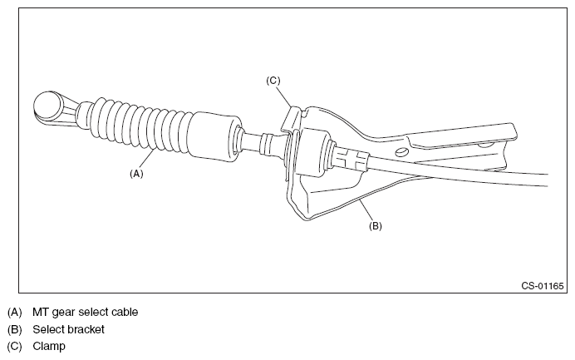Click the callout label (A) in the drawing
point(138,174)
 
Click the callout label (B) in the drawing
point(375,224)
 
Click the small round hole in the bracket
point(401,152)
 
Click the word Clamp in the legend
point(48,346)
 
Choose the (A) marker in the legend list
point(14,313)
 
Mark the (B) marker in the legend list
point(14,329)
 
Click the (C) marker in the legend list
point(14,346)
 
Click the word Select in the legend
point(48,329)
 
